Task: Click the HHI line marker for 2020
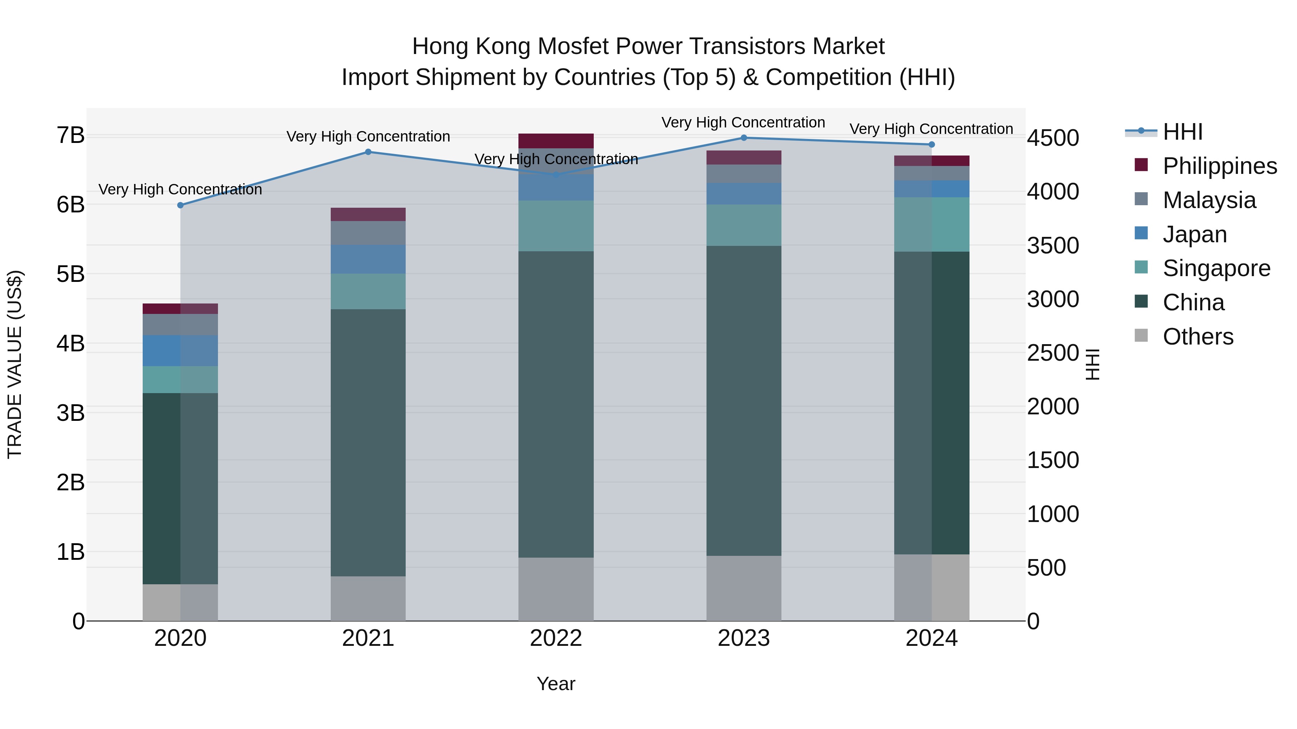(180, 205)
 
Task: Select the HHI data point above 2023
(744, 138)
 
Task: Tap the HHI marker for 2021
(368, 152)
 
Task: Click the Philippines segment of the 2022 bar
(556, 141)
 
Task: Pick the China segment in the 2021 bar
(368, 443)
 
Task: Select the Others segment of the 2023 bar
(744, 588)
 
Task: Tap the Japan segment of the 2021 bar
(368, 259)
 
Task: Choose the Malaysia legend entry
(1209, 200)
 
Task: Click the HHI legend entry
(1182, 132)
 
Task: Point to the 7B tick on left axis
(71, 135)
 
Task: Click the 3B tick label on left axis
(71, 413)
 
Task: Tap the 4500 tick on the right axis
(1053, 138)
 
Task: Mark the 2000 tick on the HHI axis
(1053, 406)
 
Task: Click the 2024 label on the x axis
(931, 638)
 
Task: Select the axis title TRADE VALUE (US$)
(15, 364)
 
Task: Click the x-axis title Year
(556, 684)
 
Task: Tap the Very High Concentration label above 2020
(180, 190)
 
